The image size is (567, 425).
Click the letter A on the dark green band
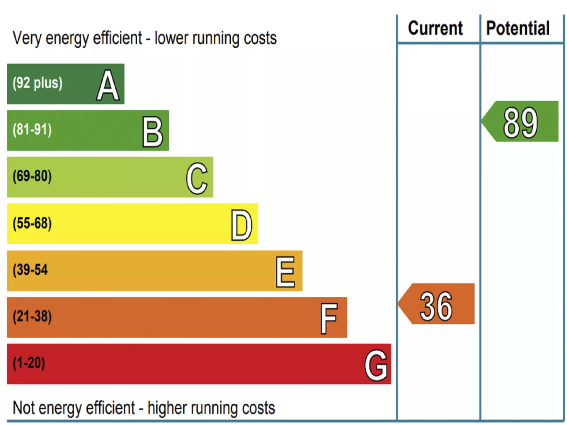(x=108, y=85)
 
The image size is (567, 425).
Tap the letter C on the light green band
(x=197, y=178)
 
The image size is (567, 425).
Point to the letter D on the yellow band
(x=241, y=225)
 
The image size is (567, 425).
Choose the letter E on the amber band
(x=285, y=272)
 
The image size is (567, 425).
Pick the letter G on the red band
(x=376, y=365)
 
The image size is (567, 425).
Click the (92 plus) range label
(x=37, y=83)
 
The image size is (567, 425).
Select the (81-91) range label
(x=32, y=129)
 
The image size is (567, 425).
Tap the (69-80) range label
(x=32, y=176)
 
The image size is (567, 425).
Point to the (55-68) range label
(x=32, y=223)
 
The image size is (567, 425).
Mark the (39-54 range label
(x=30, y=270)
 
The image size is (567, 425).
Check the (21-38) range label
(x=32, y=316)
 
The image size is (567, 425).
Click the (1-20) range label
(x=29, y=363)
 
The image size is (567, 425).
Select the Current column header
(x=435, y=28)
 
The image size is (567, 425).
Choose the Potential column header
(x=518, y=28)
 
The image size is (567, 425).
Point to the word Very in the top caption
(x=26, y=38)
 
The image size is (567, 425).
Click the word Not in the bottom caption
(x=24, y=408)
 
